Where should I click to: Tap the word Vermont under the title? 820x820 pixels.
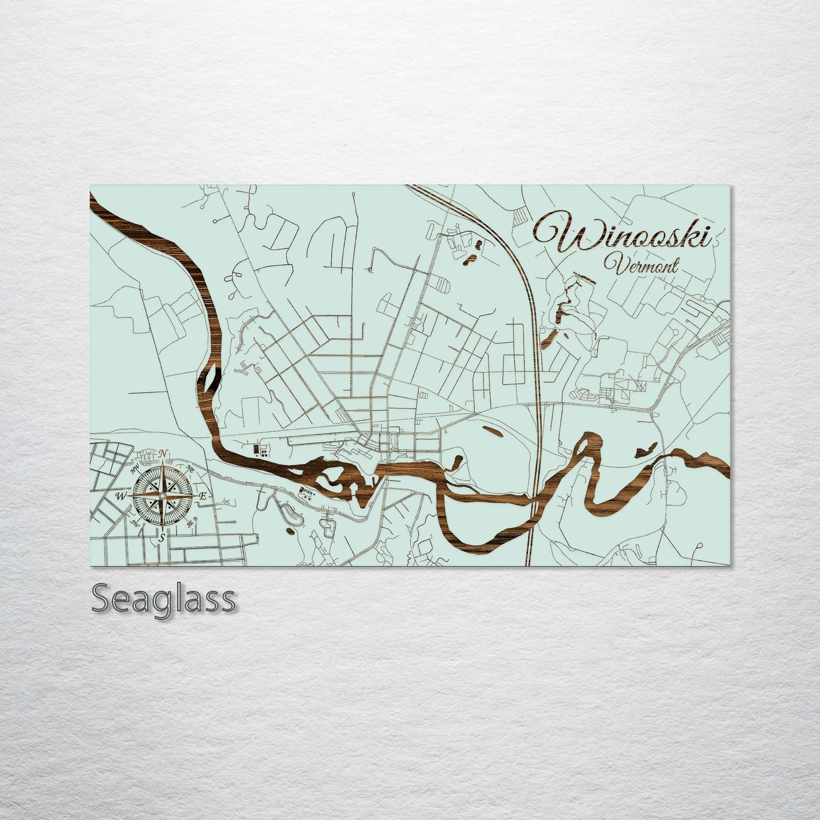[641, 265]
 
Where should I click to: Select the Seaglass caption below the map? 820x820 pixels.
[163, 598]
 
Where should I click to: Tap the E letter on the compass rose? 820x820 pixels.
[203, 497]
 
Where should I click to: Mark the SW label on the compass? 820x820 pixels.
[135, 523]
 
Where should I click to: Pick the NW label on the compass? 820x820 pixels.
[135, 470]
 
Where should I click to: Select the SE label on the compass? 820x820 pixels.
[190, 523]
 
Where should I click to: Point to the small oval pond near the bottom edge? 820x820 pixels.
[291, 531]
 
